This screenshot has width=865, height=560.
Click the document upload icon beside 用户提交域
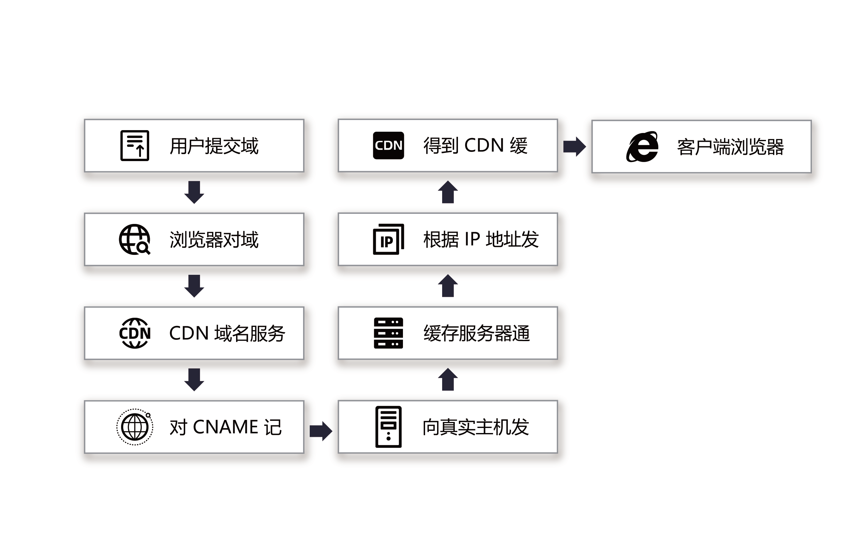click(x=135, y=145)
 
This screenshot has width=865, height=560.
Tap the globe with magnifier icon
click(x=135, y=239)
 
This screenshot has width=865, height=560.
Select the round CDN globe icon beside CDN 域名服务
click(x=135, y=333)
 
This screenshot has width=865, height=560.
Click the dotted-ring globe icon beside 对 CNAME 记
click(x=135, y=427)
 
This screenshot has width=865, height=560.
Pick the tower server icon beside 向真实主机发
click(x=388, y=427)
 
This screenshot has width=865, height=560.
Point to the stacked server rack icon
click(x=388, y=333)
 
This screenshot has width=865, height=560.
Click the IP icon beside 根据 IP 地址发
click(x=388, y=239)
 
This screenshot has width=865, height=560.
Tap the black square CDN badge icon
click(x=388, y=145)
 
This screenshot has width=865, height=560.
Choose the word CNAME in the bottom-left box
click(x=225, y=427)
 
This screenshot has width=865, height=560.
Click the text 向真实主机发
click(x=475, y=427)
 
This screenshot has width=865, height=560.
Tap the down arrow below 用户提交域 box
click(x=194, y=192)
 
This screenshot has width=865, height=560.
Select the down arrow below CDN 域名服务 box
click(x=194, y=380)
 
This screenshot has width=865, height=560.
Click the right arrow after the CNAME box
click(x=320, y=431)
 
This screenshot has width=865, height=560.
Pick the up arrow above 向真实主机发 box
click(x=448, y=380)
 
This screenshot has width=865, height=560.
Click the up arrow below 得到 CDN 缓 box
click(x=448, y=192)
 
